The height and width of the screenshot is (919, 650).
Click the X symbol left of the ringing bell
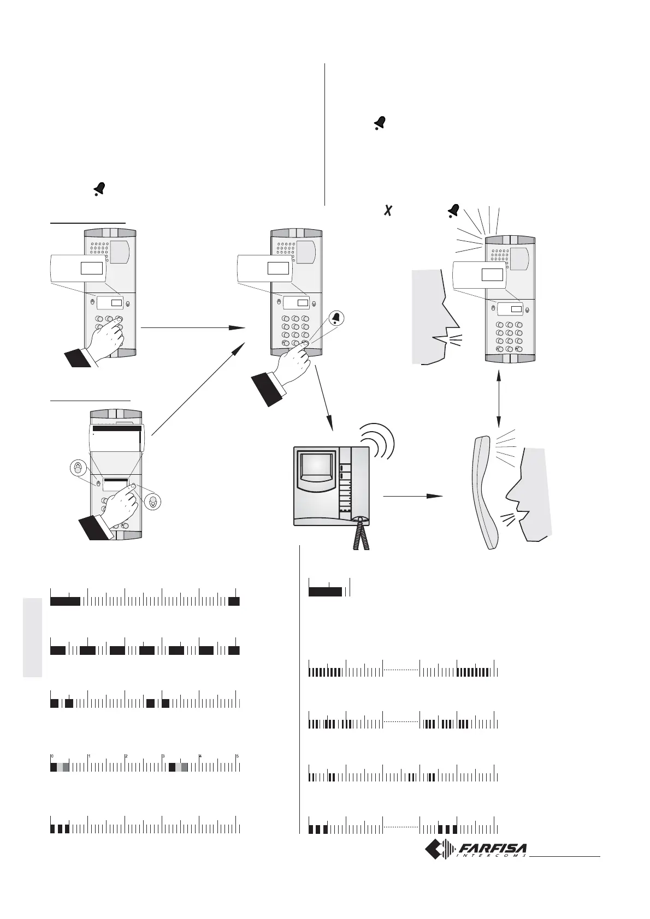coord(387,210)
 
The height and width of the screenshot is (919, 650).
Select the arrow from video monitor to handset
coord(412,496)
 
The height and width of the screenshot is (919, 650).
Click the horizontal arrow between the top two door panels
coord(192,327)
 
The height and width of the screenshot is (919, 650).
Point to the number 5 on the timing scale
coord(237,756)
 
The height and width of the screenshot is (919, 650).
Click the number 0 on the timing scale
coord(52,756)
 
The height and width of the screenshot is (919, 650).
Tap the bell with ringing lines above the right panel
coord(454,211)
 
